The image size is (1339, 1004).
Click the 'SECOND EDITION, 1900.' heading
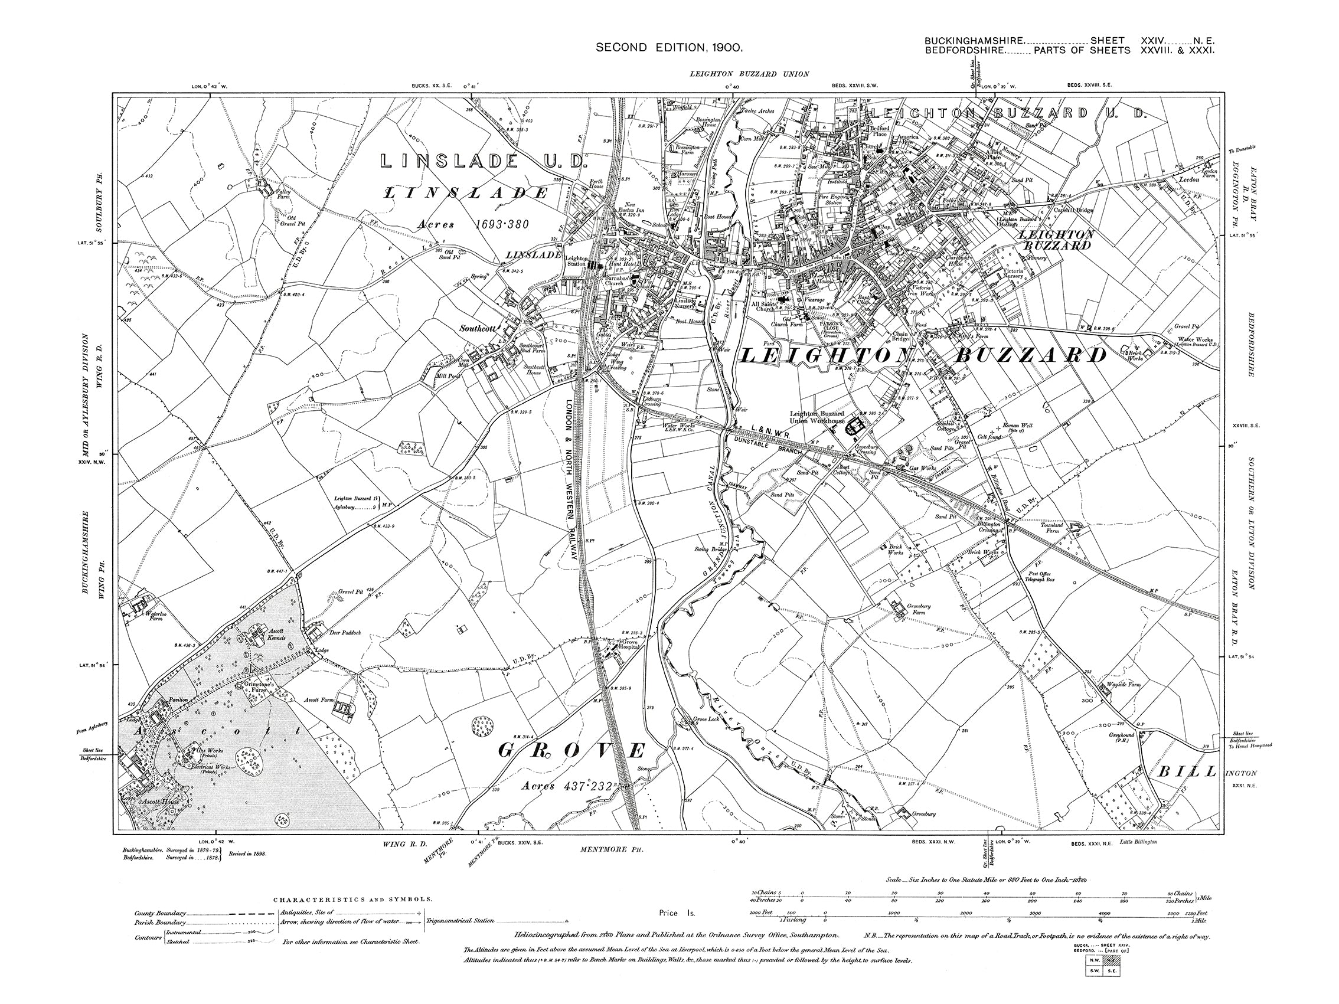coord(669,47)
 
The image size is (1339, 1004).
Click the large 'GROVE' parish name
coord(571,751)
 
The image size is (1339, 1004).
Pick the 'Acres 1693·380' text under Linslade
coord(473,224)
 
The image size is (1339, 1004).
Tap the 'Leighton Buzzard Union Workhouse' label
coord(817,417)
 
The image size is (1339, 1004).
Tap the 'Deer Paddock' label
coord(344,632)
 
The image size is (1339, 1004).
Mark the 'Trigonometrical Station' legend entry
coord(459,921)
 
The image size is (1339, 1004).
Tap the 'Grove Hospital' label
coord(630,645)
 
